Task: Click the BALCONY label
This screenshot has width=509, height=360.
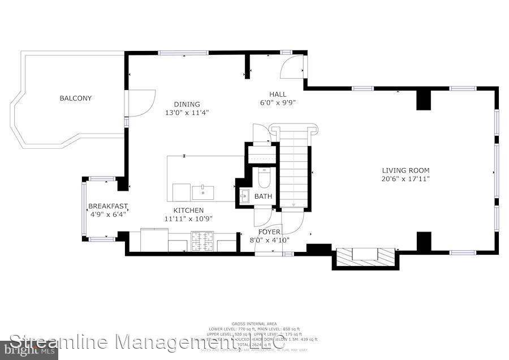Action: pyautogui.click(x=75, y=98)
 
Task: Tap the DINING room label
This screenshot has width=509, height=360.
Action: pyautogui.click(x=187, y=104)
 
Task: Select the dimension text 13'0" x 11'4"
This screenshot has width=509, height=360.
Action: pyautogui.click(x=187, y=113)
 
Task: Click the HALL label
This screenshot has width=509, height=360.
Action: pyautogui.click(x=278, y=95)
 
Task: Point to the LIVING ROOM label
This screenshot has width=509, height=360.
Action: pyautogui.click(x=406, y=170)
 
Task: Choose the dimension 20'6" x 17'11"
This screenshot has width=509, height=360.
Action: pyautogui.click(x=406, y=179)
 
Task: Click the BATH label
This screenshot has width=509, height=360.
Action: pyautogui.click(x=263, y=196)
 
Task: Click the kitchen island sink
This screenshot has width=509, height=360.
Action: pyautogui.click(x=202, y=192)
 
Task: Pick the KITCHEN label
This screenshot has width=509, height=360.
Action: pyautogui.click(x=188, y=211)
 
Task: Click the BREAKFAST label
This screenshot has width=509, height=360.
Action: pyautogui.click(x=108, y=207)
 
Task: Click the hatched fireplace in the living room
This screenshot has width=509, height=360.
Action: pyautogui.click(x=364, y=257)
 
